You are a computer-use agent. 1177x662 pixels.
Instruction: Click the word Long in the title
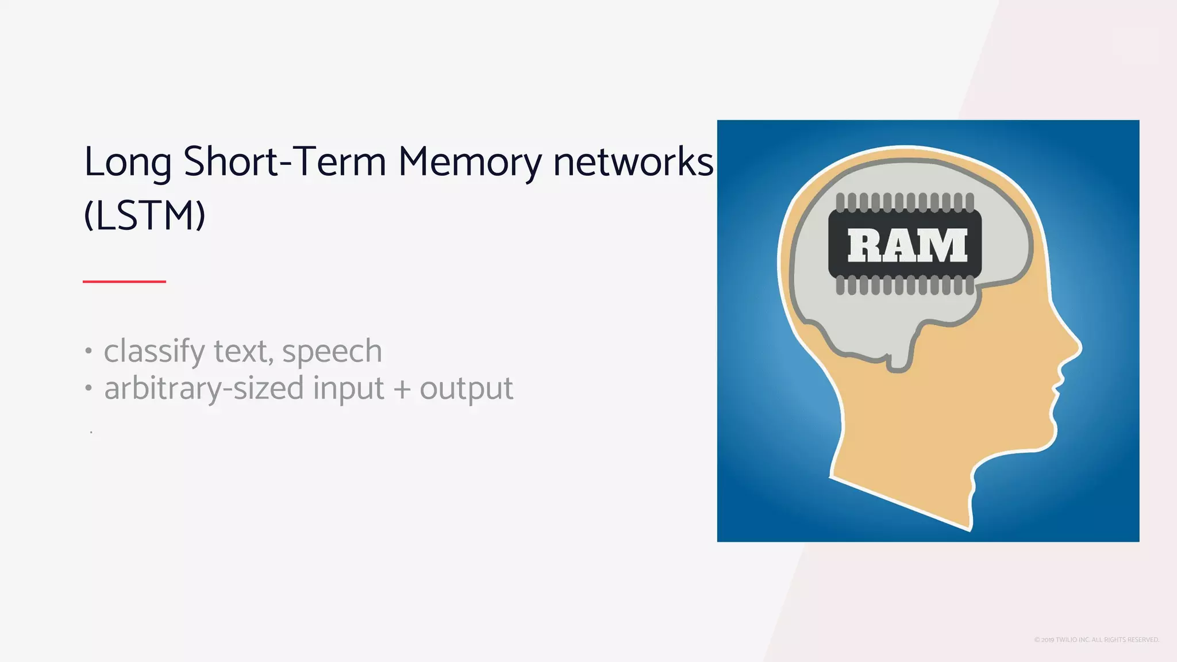(x=128, y=163)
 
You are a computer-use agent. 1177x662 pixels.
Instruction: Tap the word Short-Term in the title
(x=284, y=162)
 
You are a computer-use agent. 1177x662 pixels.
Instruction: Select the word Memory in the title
(x=470, y=163)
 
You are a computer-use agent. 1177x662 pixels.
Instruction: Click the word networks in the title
(x=633, y=162)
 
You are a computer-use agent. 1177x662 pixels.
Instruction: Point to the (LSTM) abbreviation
(x=144, y=216)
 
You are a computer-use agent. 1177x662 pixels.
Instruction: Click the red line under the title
(x=124, y=282)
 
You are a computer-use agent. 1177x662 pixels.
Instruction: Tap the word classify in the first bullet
(x=153, y=352)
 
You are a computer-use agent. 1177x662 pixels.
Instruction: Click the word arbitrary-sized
(x=203, y=389)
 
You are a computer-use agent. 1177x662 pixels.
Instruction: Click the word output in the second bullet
(x=466, y=389)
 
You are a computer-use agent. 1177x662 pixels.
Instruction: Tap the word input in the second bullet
(x=348, y=389)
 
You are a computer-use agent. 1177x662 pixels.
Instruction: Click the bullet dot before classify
(x=88, y=351)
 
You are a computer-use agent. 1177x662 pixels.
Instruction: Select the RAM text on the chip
(x=906, y=246)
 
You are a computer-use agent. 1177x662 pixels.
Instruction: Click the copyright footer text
(x=1096, y=640)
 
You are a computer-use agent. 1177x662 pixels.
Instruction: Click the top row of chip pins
(x=905, y=202)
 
